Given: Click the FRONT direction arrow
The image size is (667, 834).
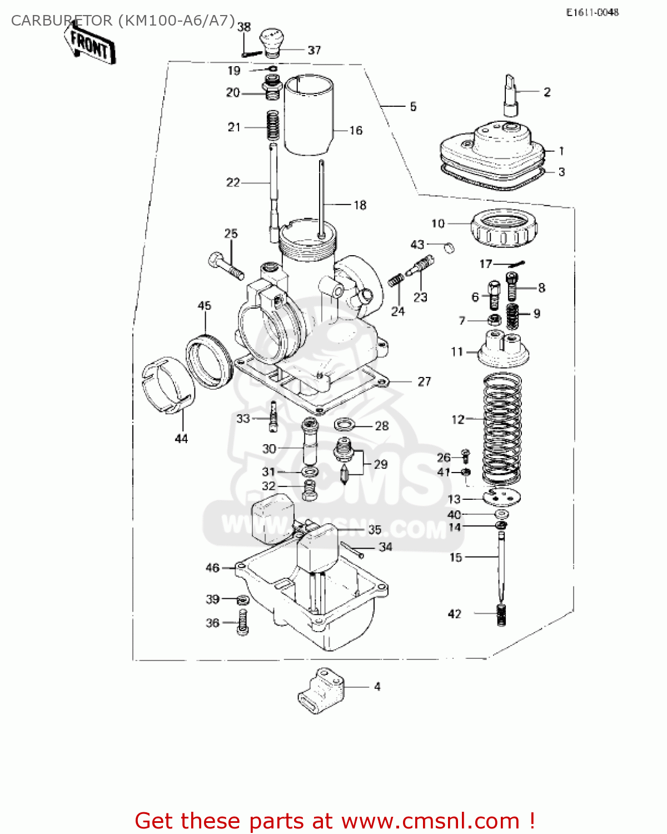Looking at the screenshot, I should tap(89, 45).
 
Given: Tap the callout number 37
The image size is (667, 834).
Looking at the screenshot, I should tap(314, 50).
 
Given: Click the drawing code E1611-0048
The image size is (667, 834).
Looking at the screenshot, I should tap(592, 12).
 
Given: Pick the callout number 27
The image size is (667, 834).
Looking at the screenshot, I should tap(424, 381).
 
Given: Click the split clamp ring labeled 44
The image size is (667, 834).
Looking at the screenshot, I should tap(168, 384).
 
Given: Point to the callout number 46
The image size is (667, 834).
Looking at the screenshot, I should tap(212, 568).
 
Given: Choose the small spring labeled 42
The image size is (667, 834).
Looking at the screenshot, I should tap(502, 615).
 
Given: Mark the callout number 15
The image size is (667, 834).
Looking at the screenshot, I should tap(456, 557).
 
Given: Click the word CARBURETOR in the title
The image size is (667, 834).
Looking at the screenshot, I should tap(62, 21).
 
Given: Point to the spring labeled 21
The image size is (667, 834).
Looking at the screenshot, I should tap(272, 126).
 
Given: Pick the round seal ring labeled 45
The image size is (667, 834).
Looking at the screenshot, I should tap(208, 361).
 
